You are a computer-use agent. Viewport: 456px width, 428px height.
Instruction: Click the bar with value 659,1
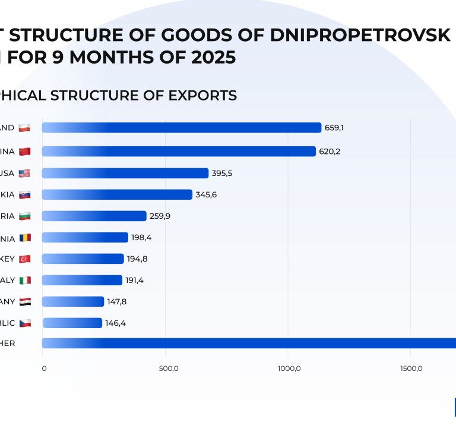pyautogui.click(x=181, y=128)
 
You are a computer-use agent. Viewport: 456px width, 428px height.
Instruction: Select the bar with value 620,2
pyautogui.click(x=178, y=152)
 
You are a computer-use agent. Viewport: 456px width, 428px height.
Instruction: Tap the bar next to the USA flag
pyautogui.click(x=125, y=173)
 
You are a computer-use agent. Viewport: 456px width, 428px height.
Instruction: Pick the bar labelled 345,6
pyautogui.click(x=117, y=194)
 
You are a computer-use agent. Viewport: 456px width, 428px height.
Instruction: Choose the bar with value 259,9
pyautogui.click(x=94, y=216)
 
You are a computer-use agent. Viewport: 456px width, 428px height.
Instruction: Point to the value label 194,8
pyautogui.click(x=137, y=259)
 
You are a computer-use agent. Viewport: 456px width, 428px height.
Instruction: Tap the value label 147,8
pyautogui.click(x=117, y=302)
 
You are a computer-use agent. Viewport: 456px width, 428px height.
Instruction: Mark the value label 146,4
pyautogui.click(x=115, y=323)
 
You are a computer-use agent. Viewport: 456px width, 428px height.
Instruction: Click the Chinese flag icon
pyautogui.click(x=24, y=152)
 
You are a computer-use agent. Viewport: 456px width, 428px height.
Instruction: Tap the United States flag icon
pyautogui.click(x=24, y=173)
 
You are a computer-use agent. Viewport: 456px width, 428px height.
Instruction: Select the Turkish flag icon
pyautogui.click(x=24, y=259)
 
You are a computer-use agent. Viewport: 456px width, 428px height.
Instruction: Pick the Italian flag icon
pyautogui.click(x=24, y=281)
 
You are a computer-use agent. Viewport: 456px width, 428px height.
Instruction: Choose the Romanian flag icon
pyautogui.click(x=24, y=238)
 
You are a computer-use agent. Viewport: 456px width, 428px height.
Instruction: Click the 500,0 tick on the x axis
pyautogui.click(x=169, y=369)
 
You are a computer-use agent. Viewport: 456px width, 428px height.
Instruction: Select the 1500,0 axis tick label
pyautogui.click(x=410, y=369)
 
